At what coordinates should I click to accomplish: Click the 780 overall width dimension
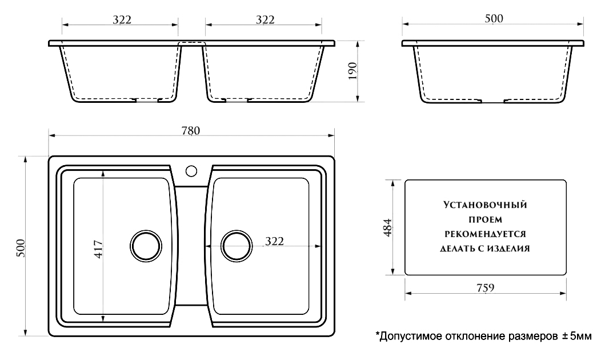point(191,130)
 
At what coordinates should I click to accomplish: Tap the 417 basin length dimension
point(98,249)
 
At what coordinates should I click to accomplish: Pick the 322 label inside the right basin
point(274,242)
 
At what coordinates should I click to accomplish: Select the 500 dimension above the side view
point(493,18)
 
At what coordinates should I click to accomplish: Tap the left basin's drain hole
point(145,246)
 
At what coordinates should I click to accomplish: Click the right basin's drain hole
point(236,246)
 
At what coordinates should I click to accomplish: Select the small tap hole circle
point(191,170)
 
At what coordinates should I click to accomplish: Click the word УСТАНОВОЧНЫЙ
point(485,204)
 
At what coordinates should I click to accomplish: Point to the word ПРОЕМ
point(485,219)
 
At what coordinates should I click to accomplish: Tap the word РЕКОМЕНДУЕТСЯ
point(485,234)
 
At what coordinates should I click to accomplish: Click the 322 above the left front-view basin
point(122,19)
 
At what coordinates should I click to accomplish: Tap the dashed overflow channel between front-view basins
point(191,43)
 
